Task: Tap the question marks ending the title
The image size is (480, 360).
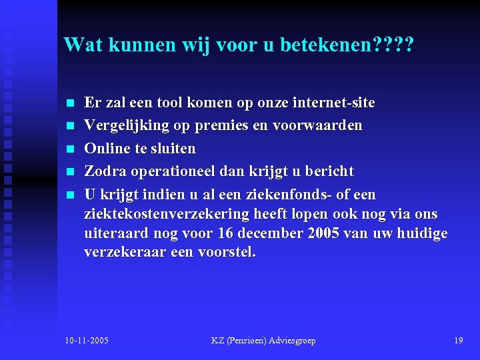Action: (x=393, y=45)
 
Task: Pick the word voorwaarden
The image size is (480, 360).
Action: (x=323, y=125)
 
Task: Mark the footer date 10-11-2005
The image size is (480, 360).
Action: (x=87, y=341)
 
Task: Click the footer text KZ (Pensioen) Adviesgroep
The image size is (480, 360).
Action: (x=263, y=341)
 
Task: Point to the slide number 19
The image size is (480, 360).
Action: (x=458, y=341)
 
